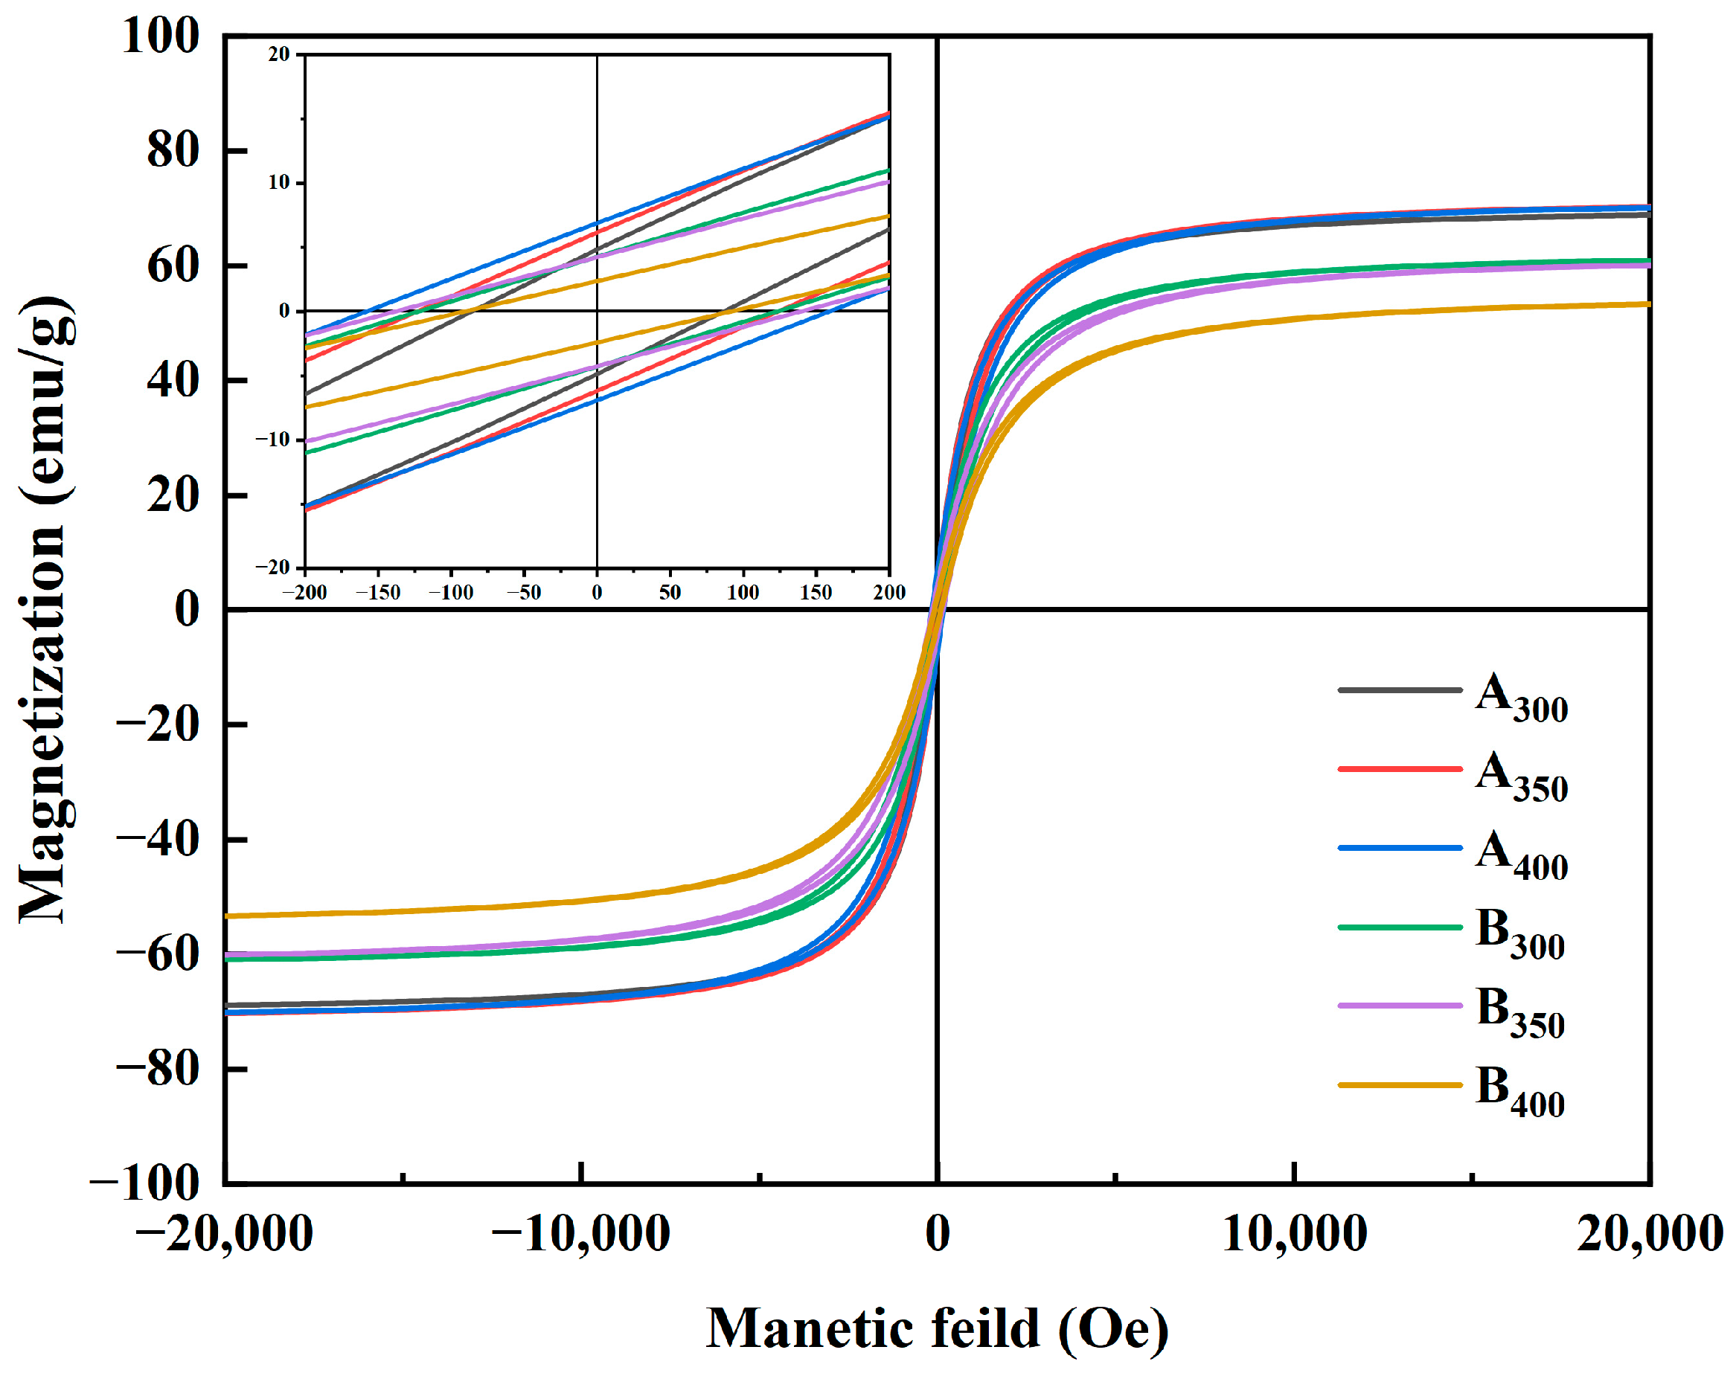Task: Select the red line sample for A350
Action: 1399,769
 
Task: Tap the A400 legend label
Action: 1520,855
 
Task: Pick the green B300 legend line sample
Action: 1399,927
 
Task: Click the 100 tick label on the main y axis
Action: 160,36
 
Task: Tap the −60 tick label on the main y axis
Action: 158,954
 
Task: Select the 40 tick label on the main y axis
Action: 172,380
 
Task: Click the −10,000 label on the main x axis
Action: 580,1233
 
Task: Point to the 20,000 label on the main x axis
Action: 1649,1233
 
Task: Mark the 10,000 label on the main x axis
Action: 1294,1233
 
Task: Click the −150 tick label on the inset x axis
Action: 377,594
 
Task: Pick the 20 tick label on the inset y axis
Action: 279,54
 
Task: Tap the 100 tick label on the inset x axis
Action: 742,594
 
